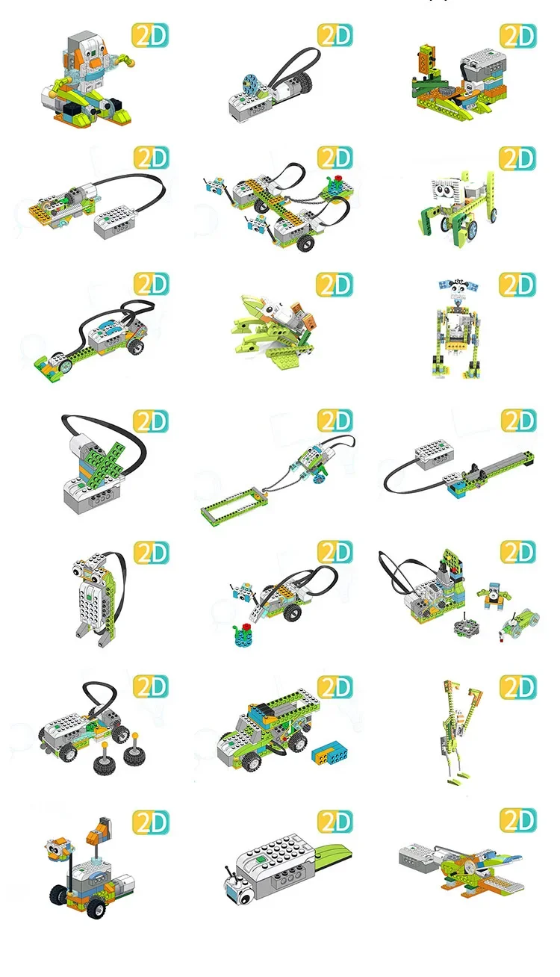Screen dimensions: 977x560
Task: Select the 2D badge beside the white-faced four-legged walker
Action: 517,158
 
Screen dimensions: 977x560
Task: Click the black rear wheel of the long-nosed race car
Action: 134,345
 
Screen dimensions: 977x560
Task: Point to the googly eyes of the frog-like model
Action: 88,573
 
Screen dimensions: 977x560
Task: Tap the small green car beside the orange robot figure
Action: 520,622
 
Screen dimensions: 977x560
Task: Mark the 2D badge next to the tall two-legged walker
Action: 517,686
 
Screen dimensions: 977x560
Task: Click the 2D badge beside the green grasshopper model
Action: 335,284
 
